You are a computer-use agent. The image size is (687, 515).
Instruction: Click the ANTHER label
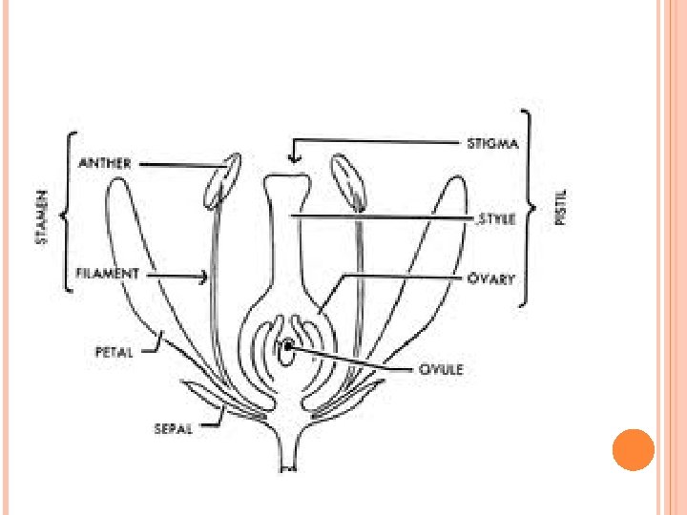[x=105, y=164]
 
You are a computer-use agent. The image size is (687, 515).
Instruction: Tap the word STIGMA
[x=493, y=145]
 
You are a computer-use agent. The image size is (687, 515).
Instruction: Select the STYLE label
[x=496, y=218]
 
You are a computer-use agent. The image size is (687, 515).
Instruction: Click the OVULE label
[x=442, y=368]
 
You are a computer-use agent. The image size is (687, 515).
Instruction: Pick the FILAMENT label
[x=107, y=274]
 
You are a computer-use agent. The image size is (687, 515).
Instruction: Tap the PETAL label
[x=114, y=351]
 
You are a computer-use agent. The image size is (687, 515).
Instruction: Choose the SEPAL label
[x=174, y=428]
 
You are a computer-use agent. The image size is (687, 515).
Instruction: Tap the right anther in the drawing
[x=348, y=181]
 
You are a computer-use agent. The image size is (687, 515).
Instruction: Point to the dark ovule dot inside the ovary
[x=286, y=347]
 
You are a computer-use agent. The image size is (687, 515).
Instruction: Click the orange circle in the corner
[x=632, y=448]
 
